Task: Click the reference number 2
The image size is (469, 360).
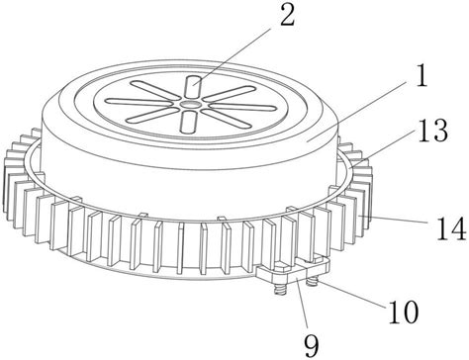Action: (287, 15)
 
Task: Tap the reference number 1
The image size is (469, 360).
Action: (422, 76)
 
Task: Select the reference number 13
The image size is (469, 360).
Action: (433, 131)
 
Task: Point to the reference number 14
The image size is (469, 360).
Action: (451, 228)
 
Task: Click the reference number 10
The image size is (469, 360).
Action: (404, 312)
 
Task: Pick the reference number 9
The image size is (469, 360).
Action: (312, 346)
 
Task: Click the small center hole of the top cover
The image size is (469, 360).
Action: (190, 104)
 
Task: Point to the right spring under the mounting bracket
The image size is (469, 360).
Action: (311, 282)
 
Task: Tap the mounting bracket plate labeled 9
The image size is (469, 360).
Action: (294, 270)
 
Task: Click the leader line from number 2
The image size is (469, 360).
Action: (233, 56)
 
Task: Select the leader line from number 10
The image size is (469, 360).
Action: (350, 294)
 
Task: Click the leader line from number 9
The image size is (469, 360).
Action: (302, 303)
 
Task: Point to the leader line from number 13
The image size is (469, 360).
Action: (382, 148)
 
